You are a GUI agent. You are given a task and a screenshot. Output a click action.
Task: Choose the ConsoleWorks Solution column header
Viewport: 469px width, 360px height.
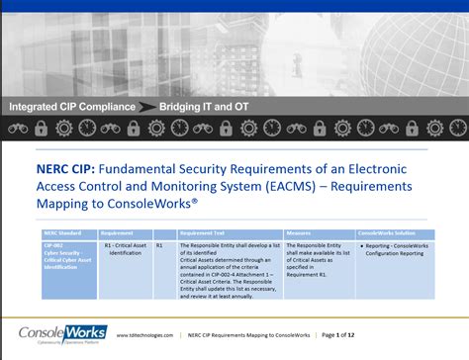pyautogui.click(x=384, y=234)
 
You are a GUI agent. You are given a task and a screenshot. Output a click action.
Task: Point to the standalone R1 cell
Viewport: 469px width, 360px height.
pyautogui.click(x=160, y=244)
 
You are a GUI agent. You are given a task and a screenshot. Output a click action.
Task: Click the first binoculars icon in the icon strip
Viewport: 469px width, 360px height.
pyautogui.click(x=17, y=128)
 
